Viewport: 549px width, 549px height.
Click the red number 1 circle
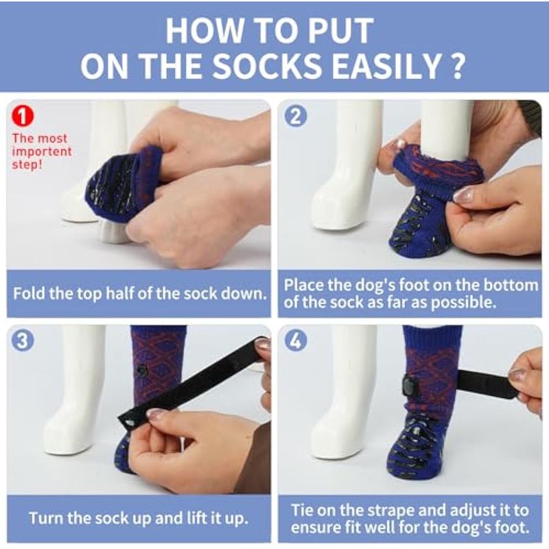pos(23,117)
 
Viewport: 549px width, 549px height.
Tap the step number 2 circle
pos(296,117)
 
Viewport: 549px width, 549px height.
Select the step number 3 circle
pos(23,340)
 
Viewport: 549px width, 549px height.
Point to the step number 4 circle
pos(296,340)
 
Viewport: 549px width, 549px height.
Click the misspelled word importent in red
pos(42,152)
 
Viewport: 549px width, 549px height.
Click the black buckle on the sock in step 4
pos(408,386)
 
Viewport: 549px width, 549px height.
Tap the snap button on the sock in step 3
pos(142,370)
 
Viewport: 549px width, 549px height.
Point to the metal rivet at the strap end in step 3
pos(130,423)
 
